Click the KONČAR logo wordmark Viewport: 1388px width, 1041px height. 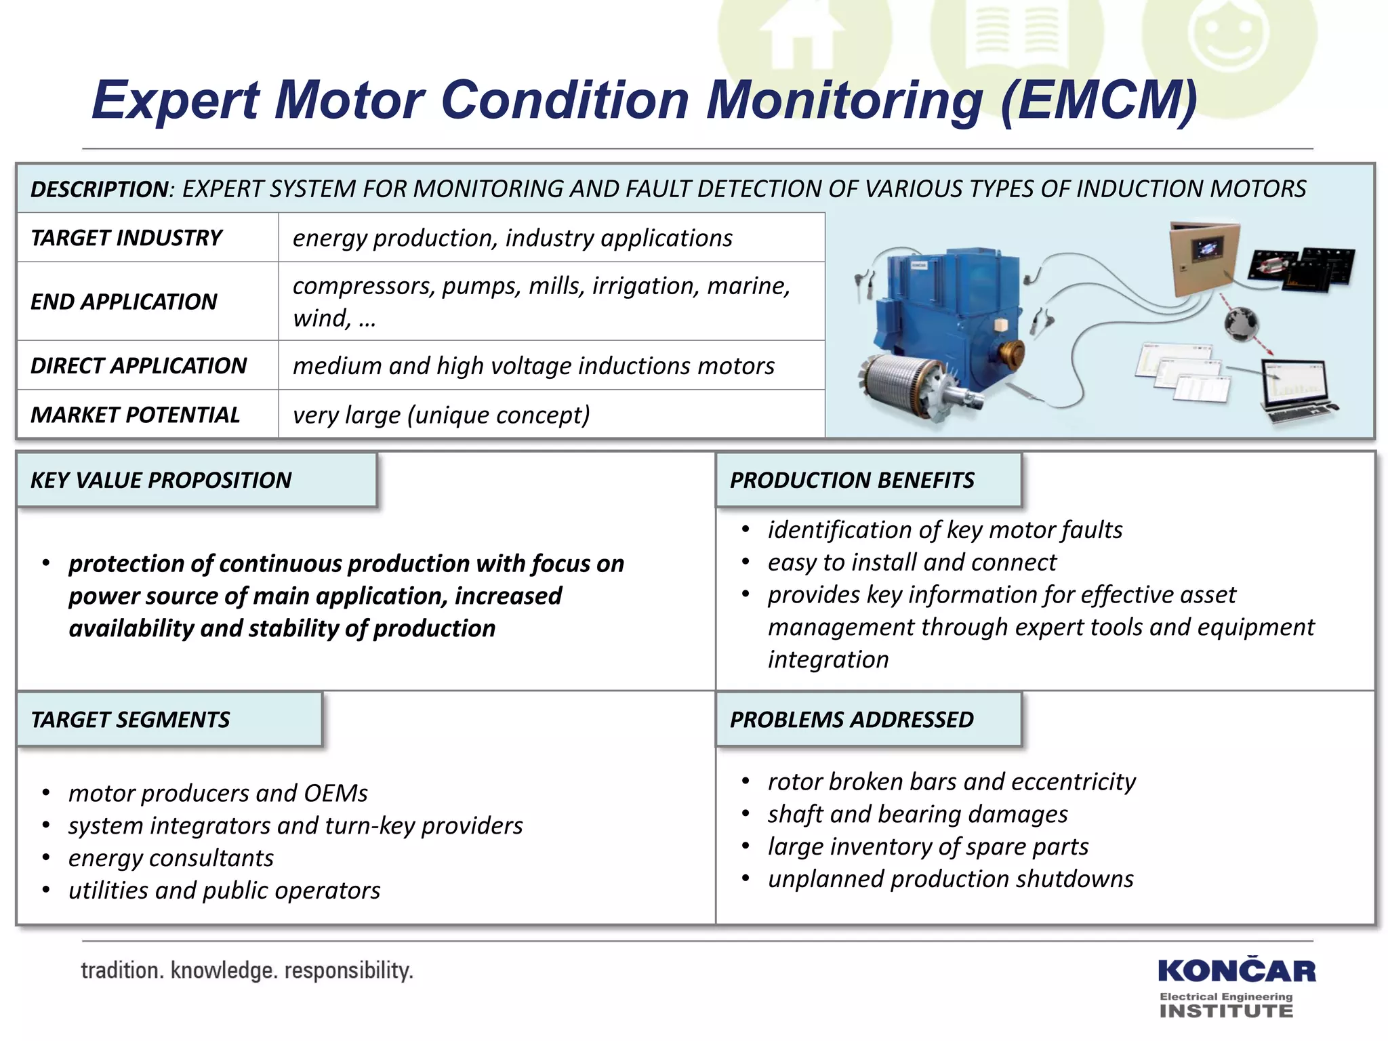1236,971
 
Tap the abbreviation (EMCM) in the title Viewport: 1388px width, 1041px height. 1098,100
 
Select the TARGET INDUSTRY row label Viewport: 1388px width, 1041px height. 126,238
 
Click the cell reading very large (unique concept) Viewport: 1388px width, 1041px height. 441,414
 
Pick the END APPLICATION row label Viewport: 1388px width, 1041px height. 123,302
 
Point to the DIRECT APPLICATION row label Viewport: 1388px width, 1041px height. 138,365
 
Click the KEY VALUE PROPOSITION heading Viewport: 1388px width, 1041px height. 161,480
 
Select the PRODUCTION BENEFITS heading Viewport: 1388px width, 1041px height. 851,480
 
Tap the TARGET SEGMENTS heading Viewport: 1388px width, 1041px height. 130,719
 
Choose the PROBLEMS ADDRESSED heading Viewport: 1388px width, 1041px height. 851,719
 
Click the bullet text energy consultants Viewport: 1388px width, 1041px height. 171,858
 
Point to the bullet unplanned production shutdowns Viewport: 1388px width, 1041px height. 950,879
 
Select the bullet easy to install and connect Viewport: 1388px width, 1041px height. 912,562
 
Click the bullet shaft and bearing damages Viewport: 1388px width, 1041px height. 918,814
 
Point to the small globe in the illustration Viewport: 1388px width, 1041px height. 1241,323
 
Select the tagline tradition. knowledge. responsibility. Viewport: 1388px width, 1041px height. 247,971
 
